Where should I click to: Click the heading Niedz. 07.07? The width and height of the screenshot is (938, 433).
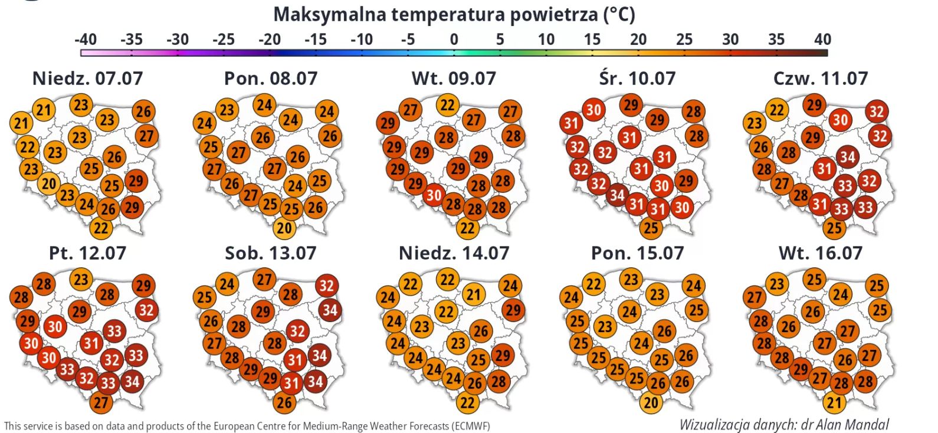[87, 78]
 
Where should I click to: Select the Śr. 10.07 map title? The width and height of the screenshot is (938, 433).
[637, 78]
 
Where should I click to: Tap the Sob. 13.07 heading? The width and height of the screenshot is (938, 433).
[271, 253]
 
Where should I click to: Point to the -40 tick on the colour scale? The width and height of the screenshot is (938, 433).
[86, 40]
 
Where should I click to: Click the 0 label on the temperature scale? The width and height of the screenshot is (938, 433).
[454, 40]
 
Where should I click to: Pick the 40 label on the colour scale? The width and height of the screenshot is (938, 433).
[822, 40]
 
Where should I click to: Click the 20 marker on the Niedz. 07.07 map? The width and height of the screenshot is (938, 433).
[49, 184]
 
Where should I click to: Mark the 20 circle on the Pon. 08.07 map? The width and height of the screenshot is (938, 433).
[284, 228]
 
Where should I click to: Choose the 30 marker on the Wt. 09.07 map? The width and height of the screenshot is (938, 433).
[434, 195]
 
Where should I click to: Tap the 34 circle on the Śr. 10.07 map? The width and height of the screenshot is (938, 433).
[616, 195]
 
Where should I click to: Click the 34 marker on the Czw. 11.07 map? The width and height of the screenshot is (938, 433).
[847, 158]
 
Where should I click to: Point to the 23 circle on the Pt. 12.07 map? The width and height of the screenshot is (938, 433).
[81, 280]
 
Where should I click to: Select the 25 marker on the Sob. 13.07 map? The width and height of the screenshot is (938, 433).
[204, 297]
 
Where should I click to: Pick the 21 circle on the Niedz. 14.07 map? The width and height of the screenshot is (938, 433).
[473, 294]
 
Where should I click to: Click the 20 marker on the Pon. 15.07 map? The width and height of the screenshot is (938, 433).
[651, 403]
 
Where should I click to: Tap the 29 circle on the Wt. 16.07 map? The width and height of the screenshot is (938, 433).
[801, 369]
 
